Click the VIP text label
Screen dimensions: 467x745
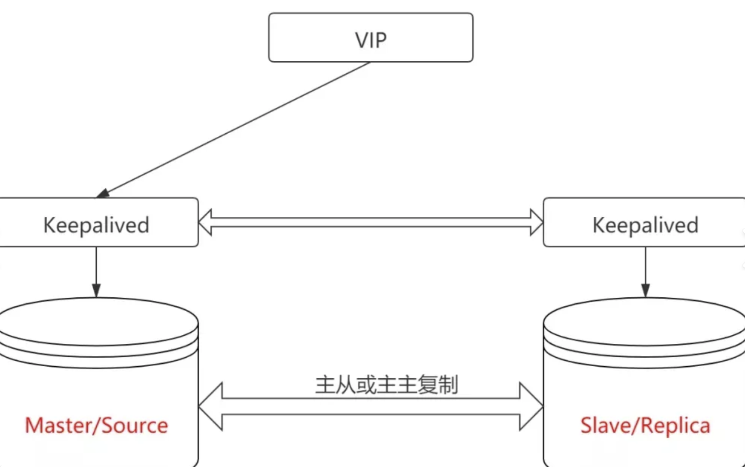coord(370,40)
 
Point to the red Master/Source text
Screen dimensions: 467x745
coord(96,425)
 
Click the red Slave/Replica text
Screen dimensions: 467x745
coord(645,425)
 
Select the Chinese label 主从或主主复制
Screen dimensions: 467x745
coord(387,385)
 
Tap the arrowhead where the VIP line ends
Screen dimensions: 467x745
coord(103,193)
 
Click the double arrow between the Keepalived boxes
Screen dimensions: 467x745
coord(370,222)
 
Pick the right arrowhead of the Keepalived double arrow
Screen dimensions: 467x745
coord(536,222)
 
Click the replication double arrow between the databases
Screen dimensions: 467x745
coord(370,407)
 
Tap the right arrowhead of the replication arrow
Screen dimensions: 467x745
coord(531,407)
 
